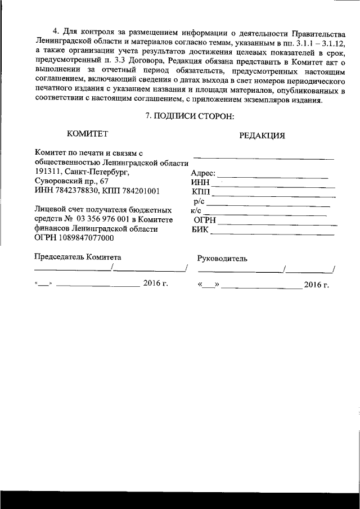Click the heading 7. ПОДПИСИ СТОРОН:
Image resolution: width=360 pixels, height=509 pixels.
click(188, 116)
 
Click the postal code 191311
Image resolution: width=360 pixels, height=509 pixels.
click(48, 172)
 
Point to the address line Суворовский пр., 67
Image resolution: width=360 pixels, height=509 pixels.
click(71, 181)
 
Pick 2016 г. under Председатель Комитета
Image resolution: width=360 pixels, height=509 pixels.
click(156, 283)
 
